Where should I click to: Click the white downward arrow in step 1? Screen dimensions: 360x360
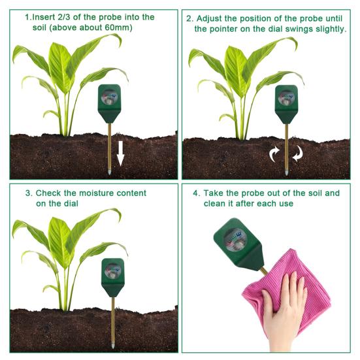120,156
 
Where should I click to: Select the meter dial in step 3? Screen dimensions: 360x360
112,270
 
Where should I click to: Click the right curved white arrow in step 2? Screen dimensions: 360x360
298,155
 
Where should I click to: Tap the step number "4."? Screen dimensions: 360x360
197,193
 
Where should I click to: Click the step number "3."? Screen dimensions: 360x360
28,193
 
